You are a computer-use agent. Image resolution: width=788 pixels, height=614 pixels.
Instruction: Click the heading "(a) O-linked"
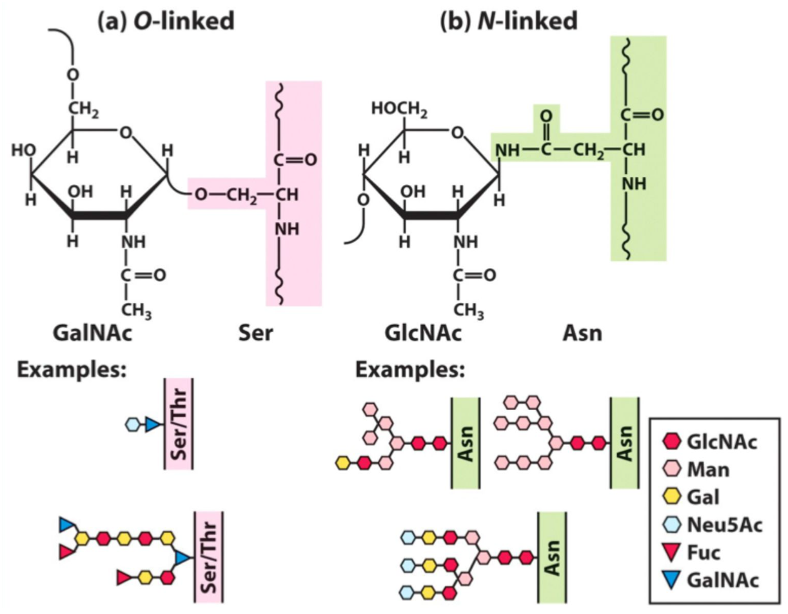click(164, 21)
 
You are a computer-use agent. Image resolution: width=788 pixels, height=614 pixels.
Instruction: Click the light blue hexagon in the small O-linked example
click(132, 424)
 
